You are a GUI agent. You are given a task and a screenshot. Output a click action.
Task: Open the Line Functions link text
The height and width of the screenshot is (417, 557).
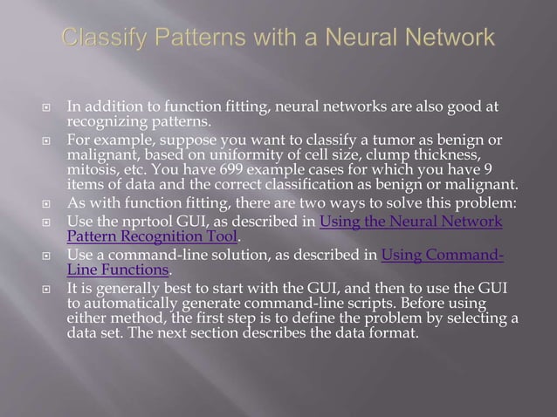(x=118, y=270)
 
